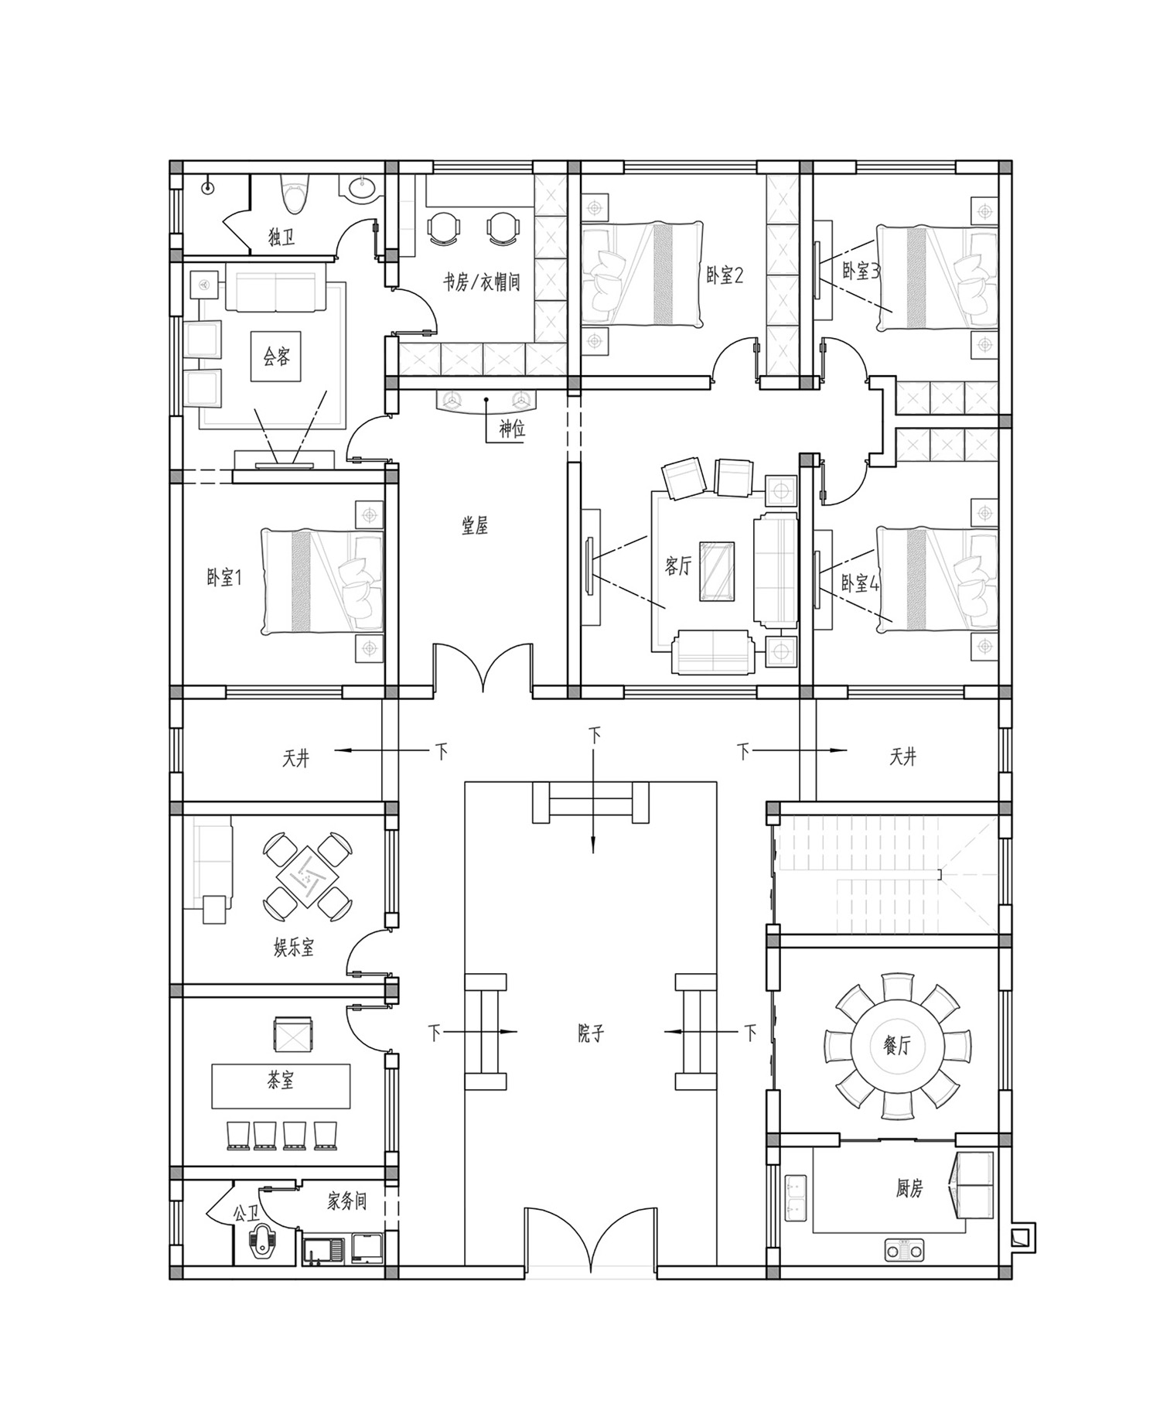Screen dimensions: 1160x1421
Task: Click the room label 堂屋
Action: click(x=475, y=526)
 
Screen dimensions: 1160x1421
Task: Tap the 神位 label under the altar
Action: click(x=511, y=429)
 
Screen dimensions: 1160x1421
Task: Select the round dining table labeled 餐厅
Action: click(x=896, y=1047)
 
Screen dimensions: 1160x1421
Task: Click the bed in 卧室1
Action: click(x=322, y=582)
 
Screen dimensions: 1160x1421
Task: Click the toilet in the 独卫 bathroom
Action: click(x=295, y=193)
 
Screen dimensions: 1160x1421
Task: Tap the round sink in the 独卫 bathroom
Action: click(x=362, y=189)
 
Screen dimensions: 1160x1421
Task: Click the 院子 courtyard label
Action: click(x=590, y=1033)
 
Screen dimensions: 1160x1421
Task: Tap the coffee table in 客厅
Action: click(x=718, y=572)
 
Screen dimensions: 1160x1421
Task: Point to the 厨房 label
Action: click(x=909, y=1188)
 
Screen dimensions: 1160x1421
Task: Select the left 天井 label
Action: click(x=295, y=758)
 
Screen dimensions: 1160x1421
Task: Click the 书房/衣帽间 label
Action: click(x=481, y=282)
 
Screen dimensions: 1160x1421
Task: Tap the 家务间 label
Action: click(x=346, y=1201)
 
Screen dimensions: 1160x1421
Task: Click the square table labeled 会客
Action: click(x=276, y=357)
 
